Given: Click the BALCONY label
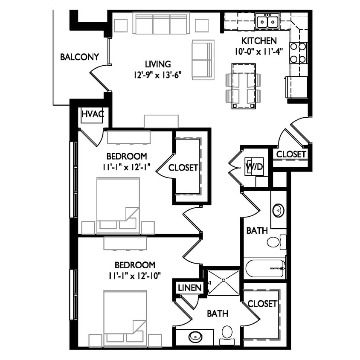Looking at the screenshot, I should (79, 57).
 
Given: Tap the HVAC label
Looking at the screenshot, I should (92, 114).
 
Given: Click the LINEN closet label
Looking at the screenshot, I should (190, 288).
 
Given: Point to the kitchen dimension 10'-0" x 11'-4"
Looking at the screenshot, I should (259, 52).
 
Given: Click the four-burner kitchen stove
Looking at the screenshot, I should (298, 53).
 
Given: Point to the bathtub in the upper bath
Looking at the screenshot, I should (264, 268).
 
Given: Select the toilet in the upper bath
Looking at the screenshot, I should (274, 242).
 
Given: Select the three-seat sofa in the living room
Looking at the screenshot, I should (161, 23).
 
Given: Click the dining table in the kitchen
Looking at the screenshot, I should (244, 86).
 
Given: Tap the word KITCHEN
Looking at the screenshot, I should (259, 41).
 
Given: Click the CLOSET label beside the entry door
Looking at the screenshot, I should (291, 154).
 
